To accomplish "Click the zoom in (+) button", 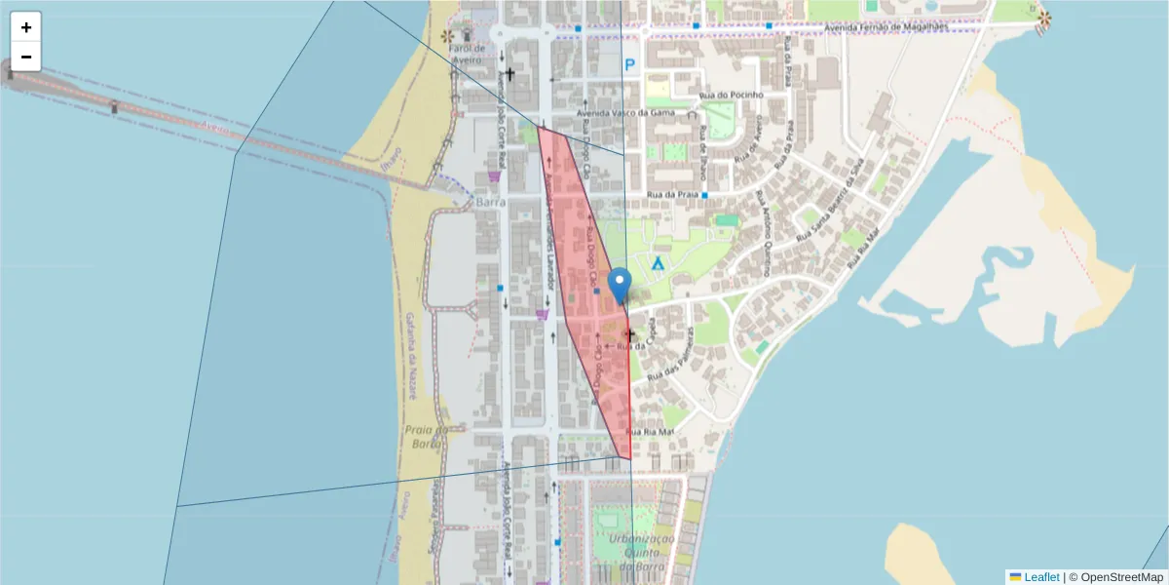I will pos(26,27).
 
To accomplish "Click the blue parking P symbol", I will pos(630,65).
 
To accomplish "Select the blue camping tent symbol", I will pos(658,263).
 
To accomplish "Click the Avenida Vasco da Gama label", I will pos(625,112).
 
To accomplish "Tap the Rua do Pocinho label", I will pos(731,95).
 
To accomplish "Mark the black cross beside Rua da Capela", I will pos(629,334).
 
